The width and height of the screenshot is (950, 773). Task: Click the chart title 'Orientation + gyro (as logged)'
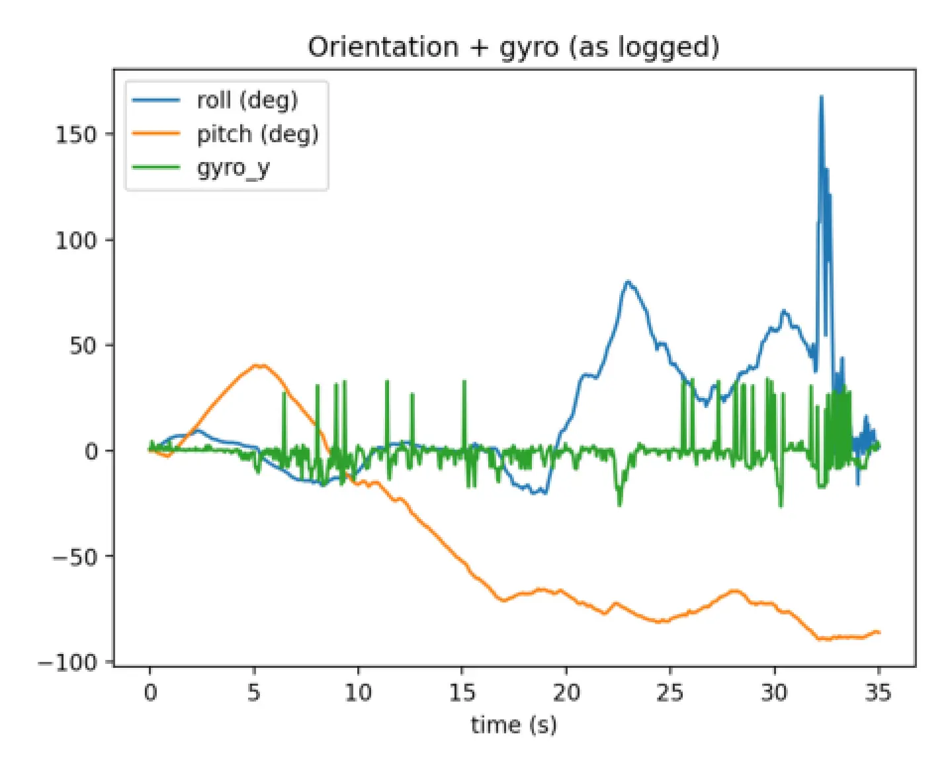click(x=513, y=48)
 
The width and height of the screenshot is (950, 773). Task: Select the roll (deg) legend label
click(x=247, y=101)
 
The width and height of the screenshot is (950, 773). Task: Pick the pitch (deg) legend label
click(x=257, y=134)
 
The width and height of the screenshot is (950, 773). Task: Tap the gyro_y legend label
click(x=233, y=168)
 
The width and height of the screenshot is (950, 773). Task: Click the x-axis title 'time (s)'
click(x=513, y=725)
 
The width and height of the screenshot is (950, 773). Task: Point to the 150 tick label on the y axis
click(x=75, y=134)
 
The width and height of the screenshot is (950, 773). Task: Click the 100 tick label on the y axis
click(x=75, y=240)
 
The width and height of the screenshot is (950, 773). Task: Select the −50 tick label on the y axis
click(x=74, y=557)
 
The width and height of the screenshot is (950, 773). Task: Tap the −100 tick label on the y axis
click(x=67, y=662)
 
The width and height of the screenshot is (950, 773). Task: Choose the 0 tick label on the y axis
click(x=91, y=452)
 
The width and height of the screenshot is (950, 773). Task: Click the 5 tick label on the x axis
click(x=254, y=692)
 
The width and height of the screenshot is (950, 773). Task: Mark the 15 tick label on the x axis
click(x=462, y=692)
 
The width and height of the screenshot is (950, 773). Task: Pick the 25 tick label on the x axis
click(x=669, y=692)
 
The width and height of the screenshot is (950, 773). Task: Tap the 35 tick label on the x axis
click(x=878, y=692)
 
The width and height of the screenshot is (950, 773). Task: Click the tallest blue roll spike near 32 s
click(x=822, y=98)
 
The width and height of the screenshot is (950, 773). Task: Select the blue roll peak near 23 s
click(x=628, y=282)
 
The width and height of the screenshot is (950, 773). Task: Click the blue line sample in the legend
click(x=156, y=101)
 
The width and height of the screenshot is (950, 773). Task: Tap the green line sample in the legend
click(x=156, y=168)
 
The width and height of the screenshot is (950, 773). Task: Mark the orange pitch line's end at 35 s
click(x=879, y=632)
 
